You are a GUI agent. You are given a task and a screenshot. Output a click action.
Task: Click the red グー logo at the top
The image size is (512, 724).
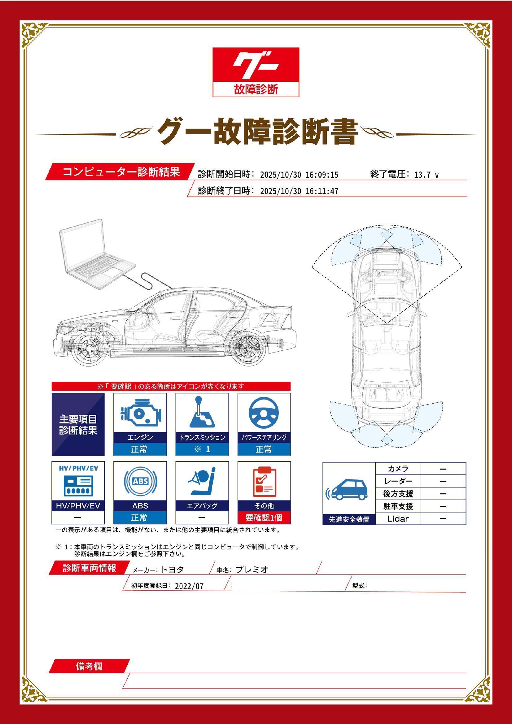[256, 72]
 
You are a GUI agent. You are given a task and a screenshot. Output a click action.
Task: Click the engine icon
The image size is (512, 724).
[140, 413]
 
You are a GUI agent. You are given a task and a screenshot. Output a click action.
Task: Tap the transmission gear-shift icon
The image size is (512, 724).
[202, 412]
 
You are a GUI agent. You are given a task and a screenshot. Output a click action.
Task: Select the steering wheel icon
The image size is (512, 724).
[264, 413]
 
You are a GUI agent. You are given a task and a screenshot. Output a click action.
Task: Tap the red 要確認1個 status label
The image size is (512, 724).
[264, 518]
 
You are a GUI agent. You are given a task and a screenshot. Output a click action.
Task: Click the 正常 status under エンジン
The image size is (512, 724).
[140, 449]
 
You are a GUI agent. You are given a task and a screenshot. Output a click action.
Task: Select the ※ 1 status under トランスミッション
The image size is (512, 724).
[202, 449]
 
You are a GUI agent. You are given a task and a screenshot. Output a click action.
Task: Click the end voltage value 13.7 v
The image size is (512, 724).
[426, 175]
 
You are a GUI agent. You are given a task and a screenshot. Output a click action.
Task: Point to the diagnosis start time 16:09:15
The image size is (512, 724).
[322, 175]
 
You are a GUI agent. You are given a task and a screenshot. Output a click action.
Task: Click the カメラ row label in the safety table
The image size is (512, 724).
[398, 469]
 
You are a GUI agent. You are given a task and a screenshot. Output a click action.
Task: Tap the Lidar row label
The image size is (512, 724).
[398, 519]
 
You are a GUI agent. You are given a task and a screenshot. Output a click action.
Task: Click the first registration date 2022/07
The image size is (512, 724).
[189, 586]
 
